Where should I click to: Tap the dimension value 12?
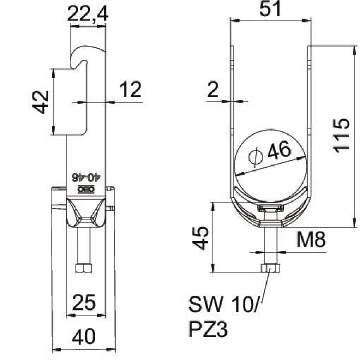click(131, 90)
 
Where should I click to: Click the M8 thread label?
click(310, 240)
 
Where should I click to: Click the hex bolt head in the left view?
click(83, 269)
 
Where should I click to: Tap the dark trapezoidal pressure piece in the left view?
click(85, 211)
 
